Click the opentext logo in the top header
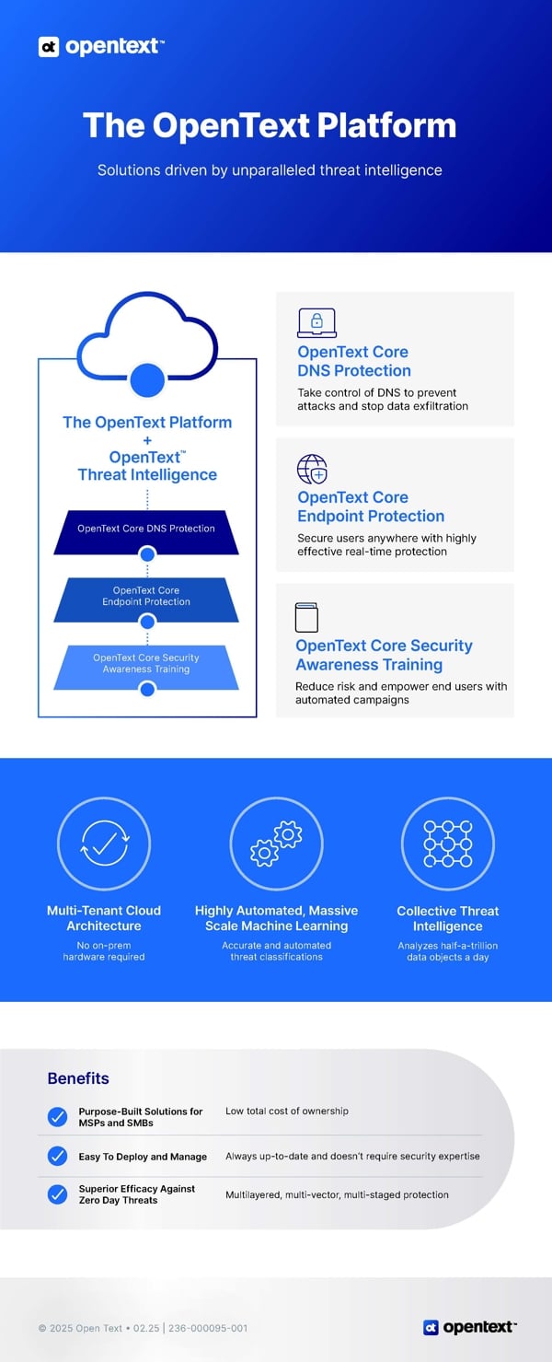pos(101,46)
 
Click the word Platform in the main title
pos(386,125)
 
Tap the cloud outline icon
pos(147,335)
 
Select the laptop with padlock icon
pos(316,322)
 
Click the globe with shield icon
pos(312,469)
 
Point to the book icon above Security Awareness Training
pos(306,617)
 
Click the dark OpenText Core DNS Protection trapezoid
pos(146,532)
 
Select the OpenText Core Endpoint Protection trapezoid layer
pos(146,600)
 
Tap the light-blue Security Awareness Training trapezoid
pos(146,667)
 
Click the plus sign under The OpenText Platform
pos(147,440)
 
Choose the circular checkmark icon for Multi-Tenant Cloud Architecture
pos(104,844)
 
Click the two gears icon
pos(276,844)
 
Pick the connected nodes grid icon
pos(448,844)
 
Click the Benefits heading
pos(78,1078)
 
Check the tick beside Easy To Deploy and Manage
pos(58,1156)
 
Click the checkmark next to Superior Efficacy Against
pos(58,1194)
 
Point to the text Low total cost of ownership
pos(287,1111)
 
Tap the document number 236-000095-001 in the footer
pos(208,1328)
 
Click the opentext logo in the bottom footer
pos(470,1327)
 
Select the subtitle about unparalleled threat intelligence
pos(270,170)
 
